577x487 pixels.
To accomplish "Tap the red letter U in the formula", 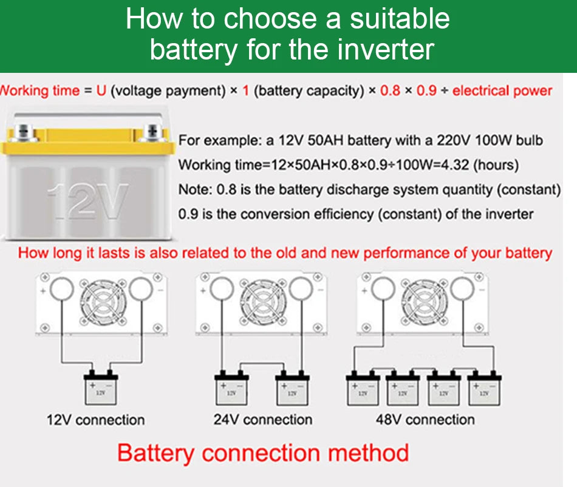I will (101, 91).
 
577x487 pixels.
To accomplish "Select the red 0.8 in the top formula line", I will (390, 91).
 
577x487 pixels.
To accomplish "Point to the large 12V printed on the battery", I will (88, 200).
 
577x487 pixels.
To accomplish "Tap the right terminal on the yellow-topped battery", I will (154, 131).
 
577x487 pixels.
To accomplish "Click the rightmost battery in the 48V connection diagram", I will (484, 389).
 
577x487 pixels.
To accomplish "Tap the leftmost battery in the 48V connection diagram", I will (363, 389).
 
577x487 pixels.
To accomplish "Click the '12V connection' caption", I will (96, 420).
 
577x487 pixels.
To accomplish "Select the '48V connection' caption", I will (425, 420).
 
